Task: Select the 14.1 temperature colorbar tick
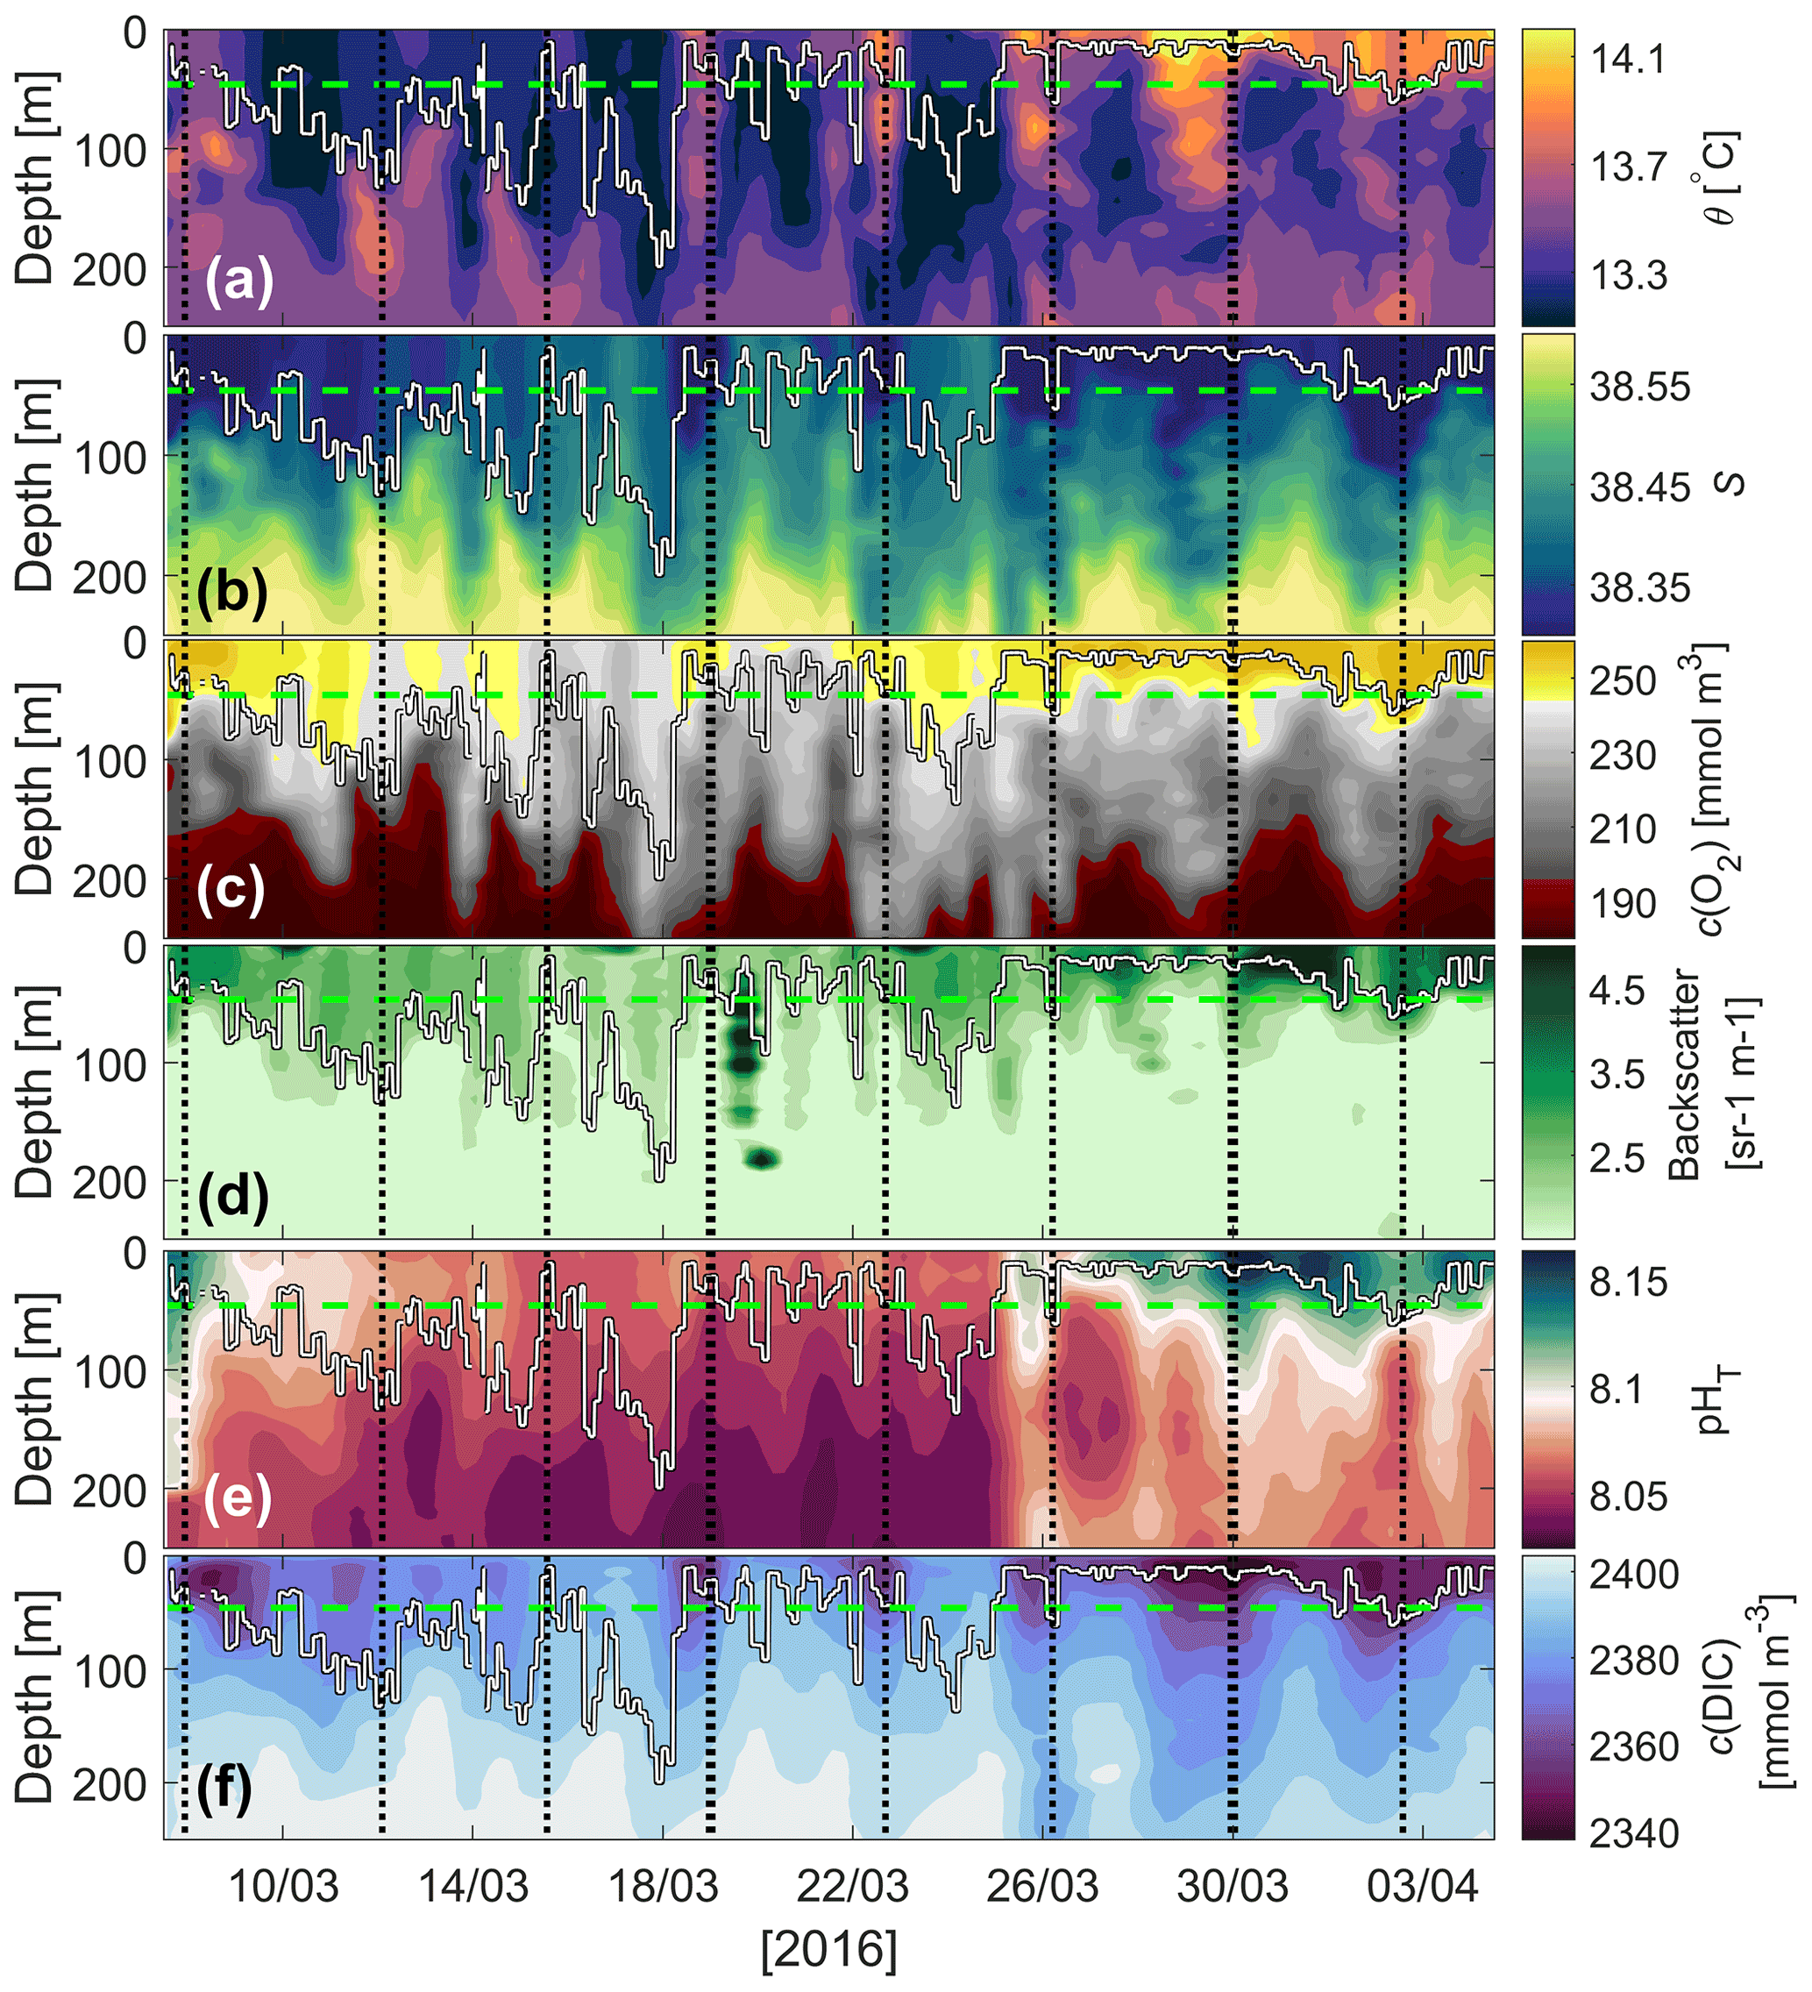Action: click(x=1627, y=60)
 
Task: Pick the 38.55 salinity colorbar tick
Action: click(x=1640, y=387)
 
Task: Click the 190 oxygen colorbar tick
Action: click(x=1623, y=903)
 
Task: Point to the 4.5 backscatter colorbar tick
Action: click(x=1617, y=990)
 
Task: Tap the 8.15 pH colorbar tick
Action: click(x=1628, y=1282)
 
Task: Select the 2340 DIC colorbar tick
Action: click(x=1634, y=1833)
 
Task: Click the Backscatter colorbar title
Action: click(x=1686, y=1073)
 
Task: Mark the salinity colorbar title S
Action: click(x=1727, y=484)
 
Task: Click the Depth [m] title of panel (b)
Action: click(x=36, y=484)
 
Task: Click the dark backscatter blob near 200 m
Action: click(x=762, y=1158)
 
